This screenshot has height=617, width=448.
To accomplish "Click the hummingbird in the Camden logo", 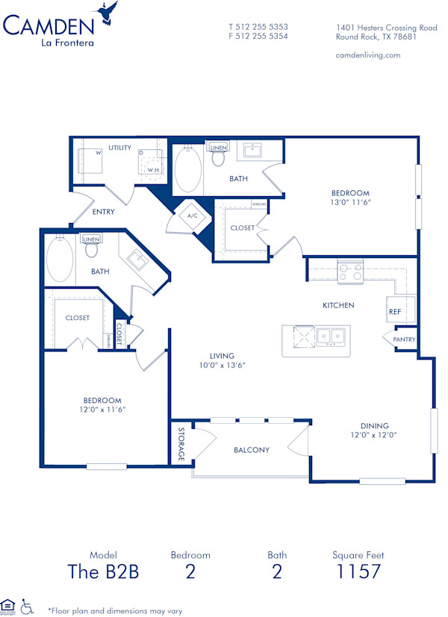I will [107, 13].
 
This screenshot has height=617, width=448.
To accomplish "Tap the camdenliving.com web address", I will [368, 55].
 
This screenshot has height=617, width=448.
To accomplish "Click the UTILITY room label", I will [119, 148].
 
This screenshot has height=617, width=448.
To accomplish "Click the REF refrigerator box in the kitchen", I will [394, 311].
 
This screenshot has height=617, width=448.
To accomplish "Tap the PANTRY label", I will [405, 339].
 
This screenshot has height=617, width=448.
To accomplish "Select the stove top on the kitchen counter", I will [349, 271].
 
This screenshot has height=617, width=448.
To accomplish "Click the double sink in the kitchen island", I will [330, 337].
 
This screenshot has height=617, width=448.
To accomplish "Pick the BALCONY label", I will [251, 450].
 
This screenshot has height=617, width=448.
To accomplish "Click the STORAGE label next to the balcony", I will [181, 443].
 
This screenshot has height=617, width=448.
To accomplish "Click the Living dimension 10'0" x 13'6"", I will [222, 366].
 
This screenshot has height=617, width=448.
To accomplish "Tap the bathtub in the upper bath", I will [188, 169].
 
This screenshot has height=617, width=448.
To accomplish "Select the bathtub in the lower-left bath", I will [60, 260].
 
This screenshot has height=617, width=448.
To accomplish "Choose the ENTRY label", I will [103, 212].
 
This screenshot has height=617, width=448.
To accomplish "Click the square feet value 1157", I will [358, 572].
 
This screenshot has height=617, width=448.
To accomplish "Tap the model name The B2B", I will [103, 572].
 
